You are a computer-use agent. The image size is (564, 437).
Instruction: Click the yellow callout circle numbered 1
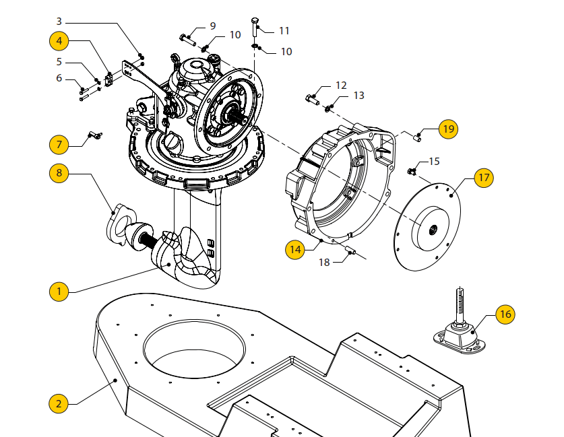tap(59, 292)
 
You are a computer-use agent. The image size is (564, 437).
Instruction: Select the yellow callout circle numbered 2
tap(59, 403)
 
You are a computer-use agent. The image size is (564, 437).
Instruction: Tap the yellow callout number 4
tap(59, 40)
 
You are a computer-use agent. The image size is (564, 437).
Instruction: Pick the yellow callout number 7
tap(59, 144)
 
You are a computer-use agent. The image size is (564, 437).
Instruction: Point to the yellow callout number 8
tap(59, 173)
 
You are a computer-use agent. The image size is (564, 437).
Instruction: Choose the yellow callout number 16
tap(506, 314)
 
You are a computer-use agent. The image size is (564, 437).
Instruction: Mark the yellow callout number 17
tap(483, 178)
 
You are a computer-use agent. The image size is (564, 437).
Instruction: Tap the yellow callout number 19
tap(448, 128)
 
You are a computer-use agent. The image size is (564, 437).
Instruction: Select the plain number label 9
tap(212, 26)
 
